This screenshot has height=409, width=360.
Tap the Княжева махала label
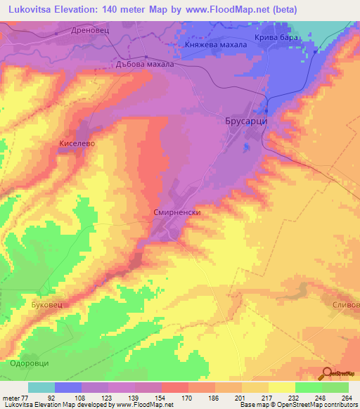point(216,44)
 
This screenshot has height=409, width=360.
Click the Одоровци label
point(30,363)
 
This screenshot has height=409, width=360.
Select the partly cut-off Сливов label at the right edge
point(345,306)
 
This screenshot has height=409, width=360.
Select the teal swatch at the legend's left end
point(41,387)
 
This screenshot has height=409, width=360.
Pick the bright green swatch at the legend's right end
point(335,387)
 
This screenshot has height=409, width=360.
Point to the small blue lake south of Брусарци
point(245,148)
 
